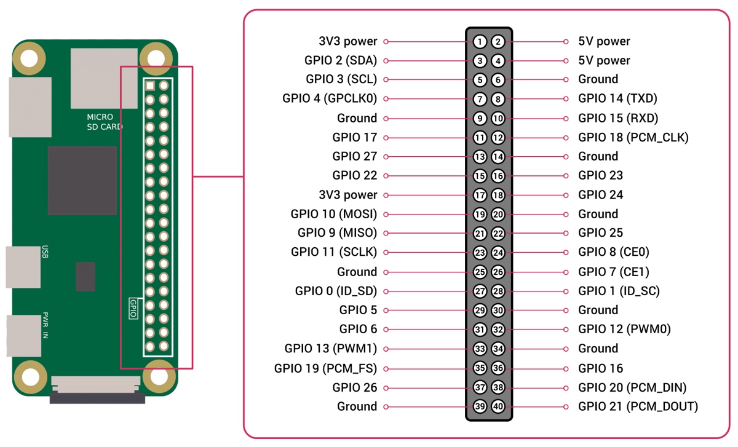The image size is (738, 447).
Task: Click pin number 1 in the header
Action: pyautogui.click(x=480, y=42)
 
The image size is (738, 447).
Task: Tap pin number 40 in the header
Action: pyautogui.click(x=498, y=406)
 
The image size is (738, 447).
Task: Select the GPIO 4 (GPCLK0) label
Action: pyautogui.click(x=330, y=98)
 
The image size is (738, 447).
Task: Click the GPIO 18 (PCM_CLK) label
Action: pyautogui.click(x=633, y=137)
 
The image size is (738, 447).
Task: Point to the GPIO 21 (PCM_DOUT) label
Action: pyautogui.click(x=638, y=406)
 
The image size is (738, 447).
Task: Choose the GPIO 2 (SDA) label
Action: pyautogui.click(x=341, y=61)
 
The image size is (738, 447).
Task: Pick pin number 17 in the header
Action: pyautogui.click(x=480, y=196)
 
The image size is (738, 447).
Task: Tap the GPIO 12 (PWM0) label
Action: pyautogui.click(x=624, y=329)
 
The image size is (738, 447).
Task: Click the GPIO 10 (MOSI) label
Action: pyautogui.click(x=334, y=214)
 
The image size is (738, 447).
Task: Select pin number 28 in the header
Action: pyautogui.click(x=498, y=291)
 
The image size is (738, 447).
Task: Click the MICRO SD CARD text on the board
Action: pyautogui.click(x=105, y=122)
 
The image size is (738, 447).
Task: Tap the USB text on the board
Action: pyautogui.click(x=45, y=251)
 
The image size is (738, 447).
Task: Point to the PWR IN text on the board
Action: pyautogui.click(x=45, y=325)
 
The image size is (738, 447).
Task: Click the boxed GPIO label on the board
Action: pyautogui.click(x=133, y=308)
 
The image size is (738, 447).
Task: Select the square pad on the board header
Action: pyautogui.click(x=150, y=86)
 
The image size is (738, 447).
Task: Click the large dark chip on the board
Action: pyautogui.click(x=82, y=181)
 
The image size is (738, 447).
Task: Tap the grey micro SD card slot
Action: pyautogui.click(x=104, y=79)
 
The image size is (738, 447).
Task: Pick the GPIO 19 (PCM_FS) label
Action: pyautogui.click(x=325, y=368)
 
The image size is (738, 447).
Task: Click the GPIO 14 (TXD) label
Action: pyautogui.click(x=617, y=98)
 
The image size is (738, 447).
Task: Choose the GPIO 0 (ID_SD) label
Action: pyautogui.click(x=336, y=291)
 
